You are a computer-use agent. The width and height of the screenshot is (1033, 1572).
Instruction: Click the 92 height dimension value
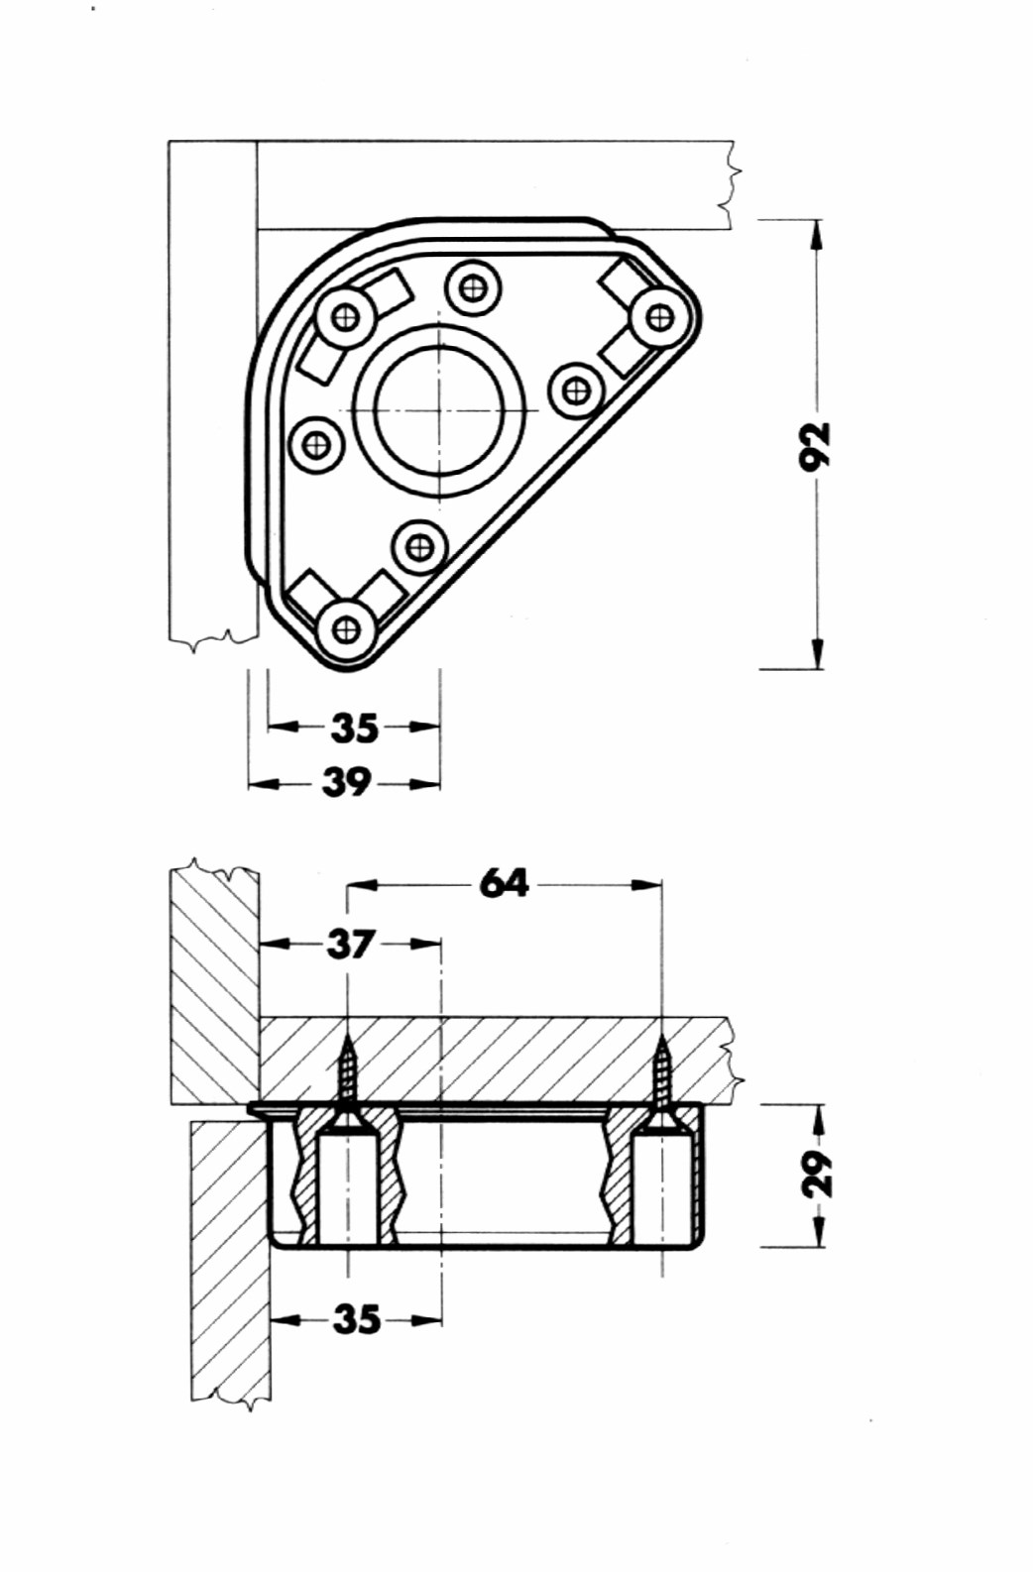pos(817,445)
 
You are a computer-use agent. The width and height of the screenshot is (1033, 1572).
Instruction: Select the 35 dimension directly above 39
pos(354,728)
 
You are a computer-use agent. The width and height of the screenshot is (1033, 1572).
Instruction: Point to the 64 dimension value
pos(505,883)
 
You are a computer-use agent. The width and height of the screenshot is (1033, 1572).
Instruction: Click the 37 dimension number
pos(351,944)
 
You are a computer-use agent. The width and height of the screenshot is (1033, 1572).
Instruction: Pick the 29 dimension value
pos(818,1173)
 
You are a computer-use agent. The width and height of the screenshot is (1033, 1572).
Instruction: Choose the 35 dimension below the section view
pos(356,1320)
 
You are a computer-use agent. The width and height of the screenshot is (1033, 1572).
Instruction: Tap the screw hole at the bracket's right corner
pos(657,317)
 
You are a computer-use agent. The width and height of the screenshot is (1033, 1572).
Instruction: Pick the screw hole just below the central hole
pos(419,547)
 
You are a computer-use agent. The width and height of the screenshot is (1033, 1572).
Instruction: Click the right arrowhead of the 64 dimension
pos(645,884)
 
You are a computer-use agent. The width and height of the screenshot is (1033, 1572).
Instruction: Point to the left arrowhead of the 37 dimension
pos(277,945)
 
